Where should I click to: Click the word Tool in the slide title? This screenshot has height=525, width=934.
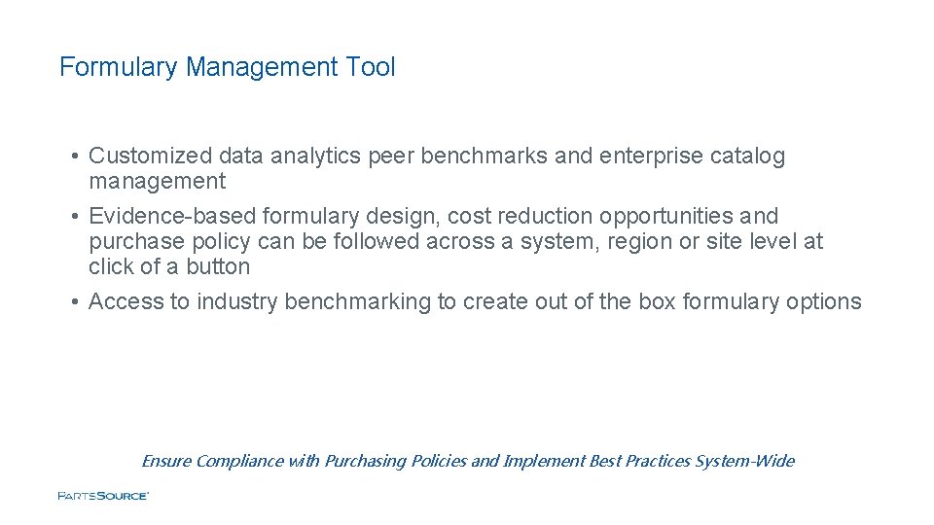(x=371, y=67)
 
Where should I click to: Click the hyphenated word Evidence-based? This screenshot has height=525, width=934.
(x=172, y=216)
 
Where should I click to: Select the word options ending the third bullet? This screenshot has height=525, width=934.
(x=824, y=301)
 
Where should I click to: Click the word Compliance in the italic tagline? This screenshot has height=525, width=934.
(x=238, y=461)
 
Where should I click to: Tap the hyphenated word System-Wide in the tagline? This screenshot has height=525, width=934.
(x=744, y=461)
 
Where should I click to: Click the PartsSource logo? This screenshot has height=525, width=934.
(x=103, y=496)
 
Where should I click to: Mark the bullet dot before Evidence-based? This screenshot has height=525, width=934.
(x=75, y=216)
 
